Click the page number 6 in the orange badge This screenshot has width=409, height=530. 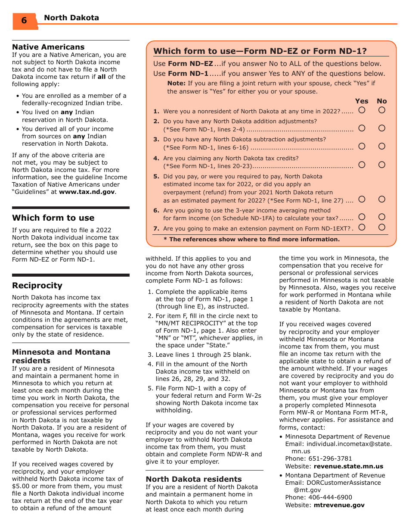point(24,21)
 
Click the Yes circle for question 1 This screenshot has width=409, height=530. point(362,110)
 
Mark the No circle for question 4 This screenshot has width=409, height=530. point(382,165)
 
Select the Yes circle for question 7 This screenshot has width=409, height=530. point(362,227)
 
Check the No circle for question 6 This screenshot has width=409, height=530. point(382,217)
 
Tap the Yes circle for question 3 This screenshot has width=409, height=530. point(362,147)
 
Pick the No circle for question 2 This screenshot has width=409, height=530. point(382,128)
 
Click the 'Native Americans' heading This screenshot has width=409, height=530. point(48,47)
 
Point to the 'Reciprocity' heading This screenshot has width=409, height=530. point(37,285)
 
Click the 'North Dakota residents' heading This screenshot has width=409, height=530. point(193,479)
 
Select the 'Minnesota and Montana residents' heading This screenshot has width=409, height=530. point(61,356)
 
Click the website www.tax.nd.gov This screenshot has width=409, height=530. point(87,192)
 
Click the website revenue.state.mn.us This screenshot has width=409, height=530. point(348,466)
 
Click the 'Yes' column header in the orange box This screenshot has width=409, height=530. point(362,101)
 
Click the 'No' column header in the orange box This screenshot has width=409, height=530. point(382,101)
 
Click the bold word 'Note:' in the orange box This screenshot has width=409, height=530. point(177,83)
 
